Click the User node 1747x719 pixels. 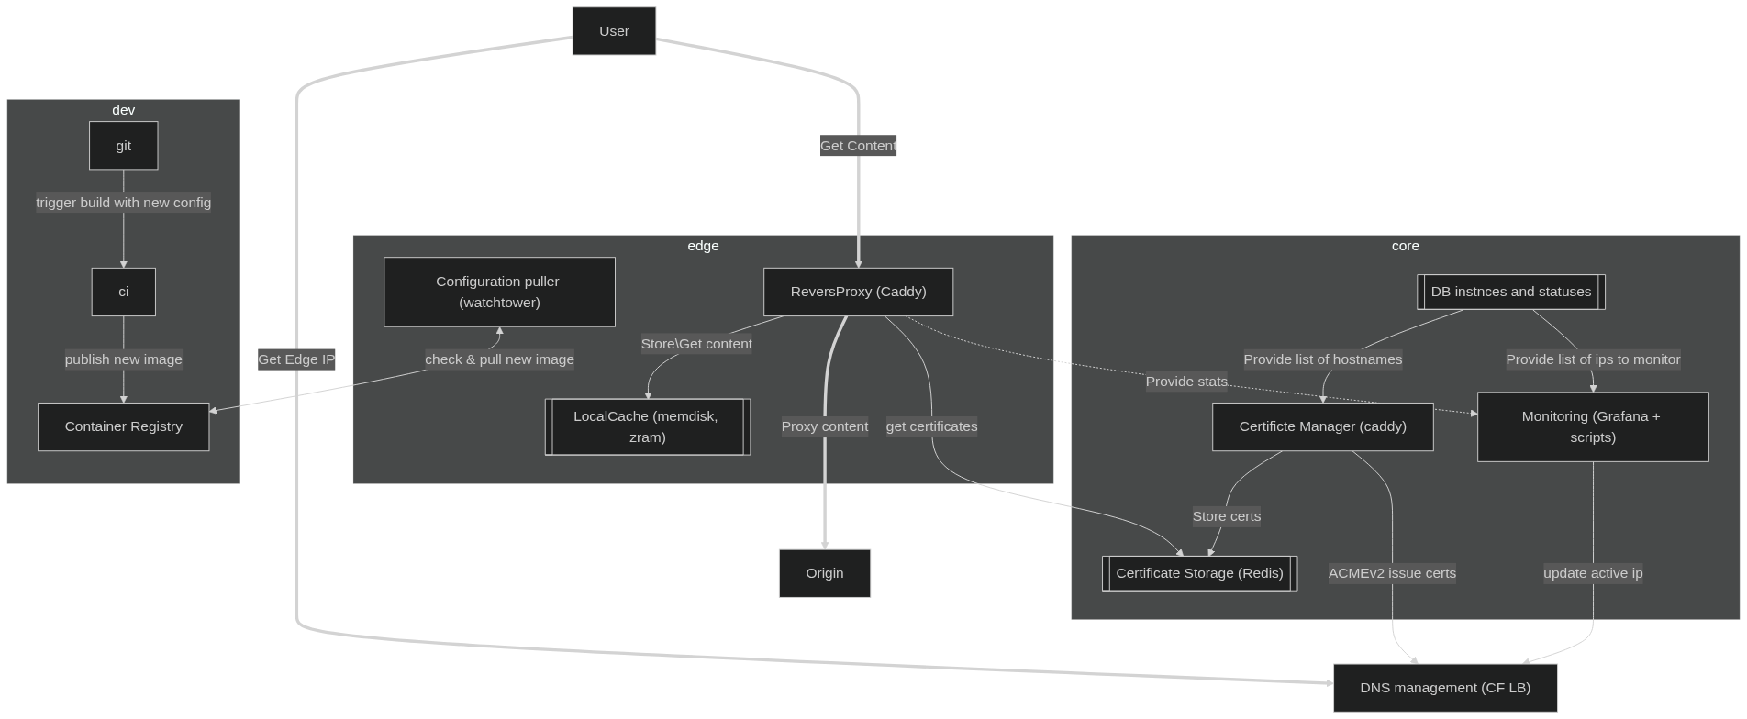(614, 31)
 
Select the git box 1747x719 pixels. (123, 146)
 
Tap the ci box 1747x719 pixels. (123, 292)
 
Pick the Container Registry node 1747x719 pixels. (123, 426)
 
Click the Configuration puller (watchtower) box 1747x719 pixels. (498, 292)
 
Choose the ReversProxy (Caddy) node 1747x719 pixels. (858, 292)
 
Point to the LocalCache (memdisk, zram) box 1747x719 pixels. (647, 426)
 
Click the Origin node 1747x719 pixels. (824, 573)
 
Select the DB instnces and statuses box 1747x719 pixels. (1510, 292)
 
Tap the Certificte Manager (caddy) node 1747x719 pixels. (1322, 426)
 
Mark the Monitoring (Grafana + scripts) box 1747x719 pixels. (1592, 426)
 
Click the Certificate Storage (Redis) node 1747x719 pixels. (1199, 573)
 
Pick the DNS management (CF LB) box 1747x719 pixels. (1444, 688)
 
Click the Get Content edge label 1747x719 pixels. (858, 146)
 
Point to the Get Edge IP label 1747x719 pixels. (296, 359)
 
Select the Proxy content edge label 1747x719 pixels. (824, 426)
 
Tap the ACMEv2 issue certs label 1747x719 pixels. (1392, 573)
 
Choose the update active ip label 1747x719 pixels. (1592, 573)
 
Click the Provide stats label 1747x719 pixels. (1185, 382)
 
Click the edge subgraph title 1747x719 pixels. (703, 246)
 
